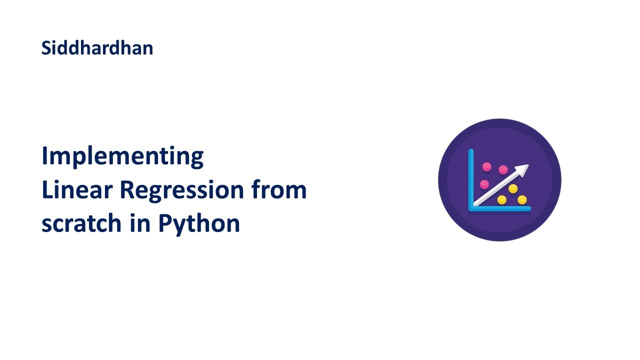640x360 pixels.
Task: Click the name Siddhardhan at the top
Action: click(97, 48)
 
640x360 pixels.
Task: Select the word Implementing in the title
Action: click(122, 157)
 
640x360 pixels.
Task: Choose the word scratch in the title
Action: click(81, 223)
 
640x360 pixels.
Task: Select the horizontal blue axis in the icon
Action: click(500, 209)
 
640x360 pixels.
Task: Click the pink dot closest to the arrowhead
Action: click(503, 170)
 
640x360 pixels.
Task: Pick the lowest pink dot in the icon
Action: click(484, 184)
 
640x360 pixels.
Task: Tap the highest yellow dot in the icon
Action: click(512, 188)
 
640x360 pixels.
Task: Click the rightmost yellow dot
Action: click(522, 200)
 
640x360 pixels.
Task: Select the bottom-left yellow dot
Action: click(502, 200)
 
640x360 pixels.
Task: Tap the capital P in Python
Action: click(164, 223)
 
